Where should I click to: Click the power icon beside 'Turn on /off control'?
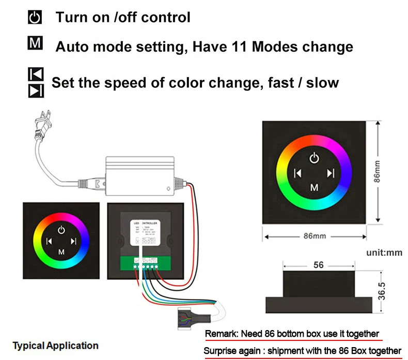(x=35, y=18)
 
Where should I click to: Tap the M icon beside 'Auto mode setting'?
(x=35, y=43)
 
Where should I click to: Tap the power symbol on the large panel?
(x=314, y=158)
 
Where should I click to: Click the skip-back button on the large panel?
(x=297, y=173)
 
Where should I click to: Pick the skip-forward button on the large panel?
(x=331, y=173)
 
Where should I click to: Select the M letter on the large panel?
(x=314, y=187)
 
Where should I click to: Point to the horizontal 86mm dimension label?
(x=316, y=236)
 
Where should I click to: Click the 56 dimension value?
(x=318, y=265)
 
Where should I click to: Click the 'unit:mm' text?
(x=384, y=253)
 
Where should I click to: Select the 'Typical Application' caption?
(x=55, y=346)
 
